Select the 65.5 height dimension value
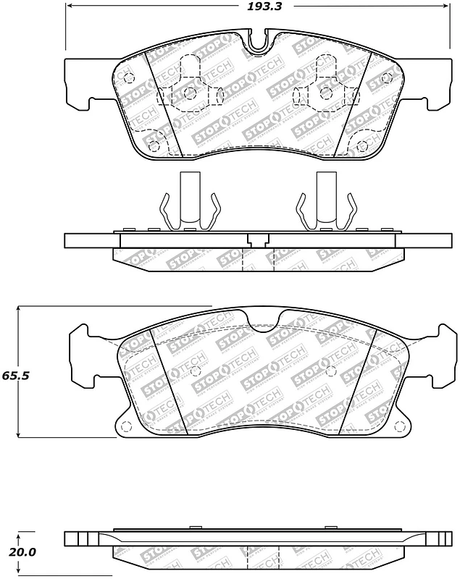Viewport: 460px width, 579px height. coord(13,376)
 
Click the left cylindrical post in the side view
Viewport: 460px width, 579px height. coord(190,199)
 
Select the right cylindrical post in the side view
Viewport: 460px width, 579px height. coord(325,199)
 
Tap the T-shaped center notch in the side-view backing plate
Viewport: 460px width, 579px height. coord(256,240)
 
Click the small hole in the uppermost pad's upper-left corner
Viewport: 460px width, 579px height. coord(129,78)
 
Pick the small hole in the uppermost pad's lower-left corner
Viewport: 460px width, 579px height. coord(152,146)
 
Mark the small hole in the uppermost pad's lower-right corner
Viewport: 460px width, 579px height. coord(360,146)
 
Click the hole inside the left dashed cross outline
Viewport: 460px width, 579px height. coord(191,93)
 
